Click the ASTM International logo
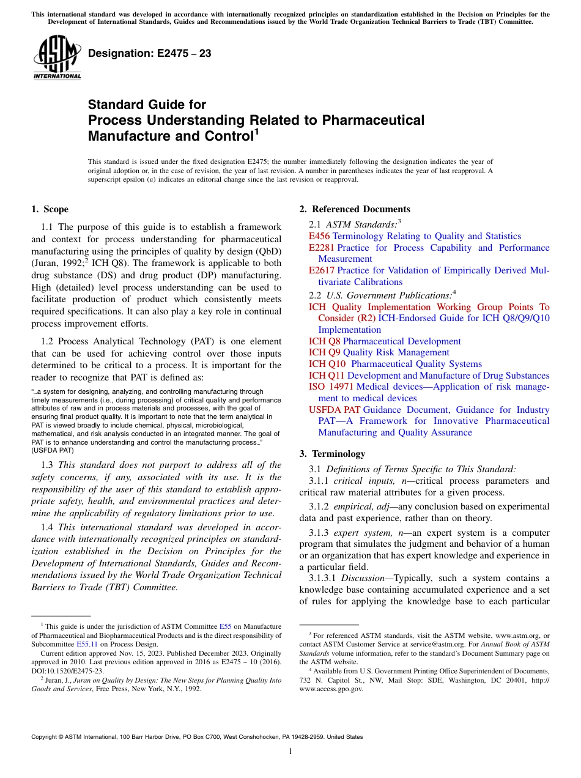pos(56,57)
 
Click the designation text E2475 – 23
pos(150,54)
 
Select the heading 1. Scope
pos(50,209)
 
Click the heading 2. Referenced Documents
pos(355,209)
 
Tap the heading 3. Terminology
pos(332,454)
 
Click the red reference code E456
pos(319,236)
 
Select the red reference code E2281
pos(322,248)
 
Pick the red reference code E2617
pos(322,270)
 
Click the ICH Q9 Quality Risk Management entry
pos(379,352)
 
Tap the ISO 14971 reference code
pos(331,387)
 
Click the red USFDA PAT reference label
pos(335,410)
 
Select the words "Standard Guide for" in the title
pos(147,105)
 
